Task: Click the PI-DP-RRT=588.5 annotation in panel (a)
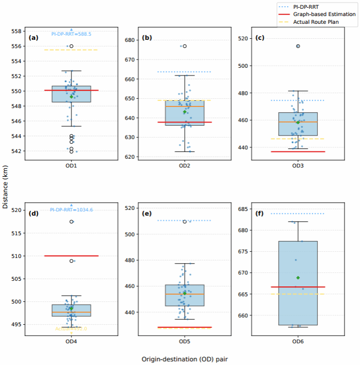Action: point(71,34)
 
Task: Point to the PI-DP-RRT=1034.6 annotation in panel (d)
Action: point(71,210)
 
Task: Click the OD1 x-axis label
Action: point(71,166)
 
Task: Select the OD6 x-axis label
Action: point(298,342)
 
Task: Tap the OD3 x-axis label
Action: point(298,166)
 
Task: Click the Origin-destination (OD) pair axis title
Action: point(185,358)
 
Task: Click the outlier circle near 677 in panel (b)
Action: point(185,46)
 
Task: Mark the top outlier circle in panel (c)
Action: point(298,46)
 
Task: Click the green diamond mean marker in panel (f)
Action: point(298,278)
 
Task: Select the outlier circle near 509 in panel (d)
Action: point(71,261)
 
